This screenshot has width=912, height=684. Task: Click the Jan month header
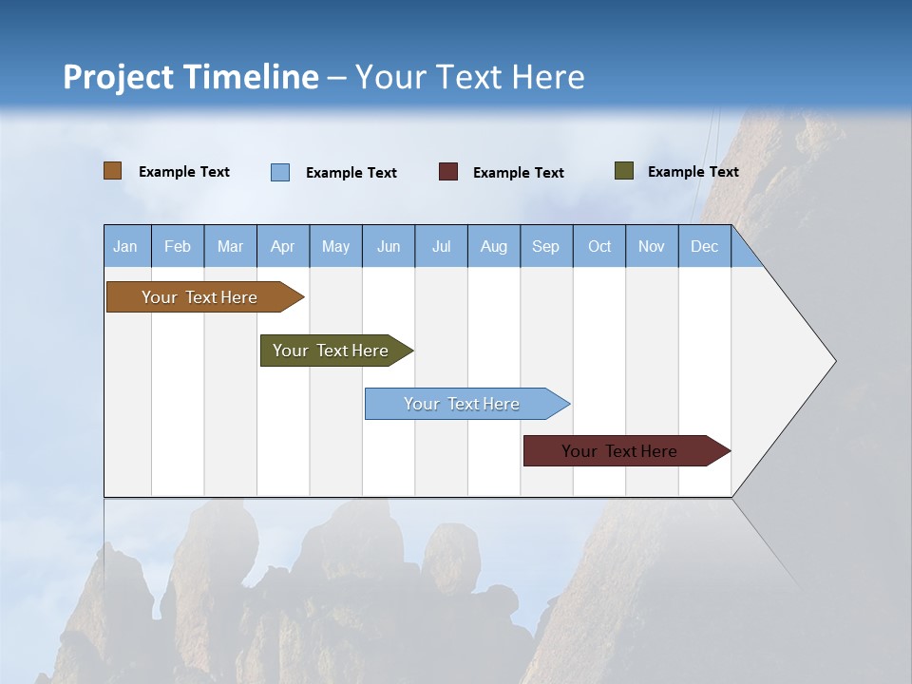pos(126,246)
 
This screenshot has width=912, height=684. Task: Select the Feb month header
pos(178,246)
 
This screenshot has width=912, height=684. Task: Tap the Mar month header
pos(230,246)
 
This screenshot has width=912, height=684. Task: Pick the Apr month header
pos(283,246)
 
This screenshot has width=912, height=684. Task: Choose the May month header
pos(335,246)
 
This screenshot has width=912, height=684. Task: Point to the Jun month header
pos(389,246)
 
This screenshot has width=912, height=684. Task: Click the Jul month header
pos(441,246)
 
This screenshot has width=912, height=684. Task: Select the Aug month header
pos(494,246)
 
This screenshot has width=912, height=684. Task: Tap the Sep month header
pos(546,246)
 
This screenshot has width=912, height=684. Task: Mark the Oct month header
pos(599,246)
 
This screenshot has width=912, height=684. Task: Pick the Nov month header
pos(652,246)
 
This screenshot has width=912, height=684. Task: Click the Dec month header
pos(705,246)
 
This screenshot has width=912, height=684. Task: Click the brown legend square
pos(113,171)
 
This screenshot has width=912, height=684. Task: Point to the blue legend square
pos(280,172)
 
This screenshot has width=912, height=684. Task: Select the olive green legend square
pos(624,171)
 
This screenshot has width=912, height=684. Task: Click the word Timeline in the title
pos(251,77)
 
